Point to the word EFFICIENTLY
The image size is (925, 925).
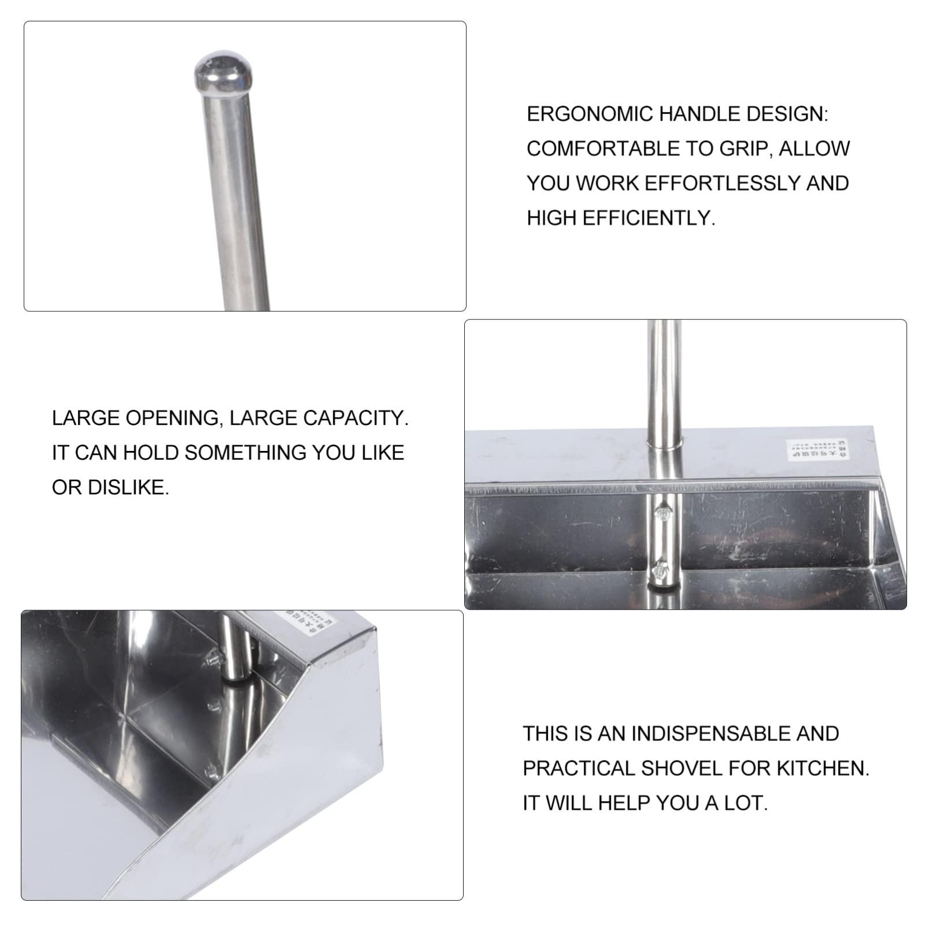pos(648,218)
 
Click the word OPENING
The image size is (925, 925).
pos(172,418)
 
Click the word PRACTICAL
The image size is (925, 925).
pos(578,769)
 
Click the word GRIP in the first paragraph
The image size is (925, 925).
pos(745,149)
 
